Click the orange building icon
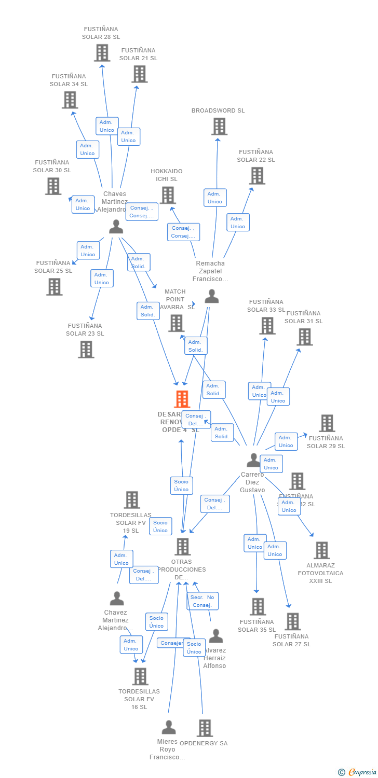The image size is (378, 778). click(x=182, y=399)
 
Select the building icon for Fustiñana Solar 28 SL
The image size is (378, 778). click(x=102, y=52)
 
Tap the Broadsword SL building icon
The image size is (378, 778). click(x=219, y=126)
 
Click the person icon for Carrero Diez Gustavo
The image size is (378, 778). click(x=253, y=460)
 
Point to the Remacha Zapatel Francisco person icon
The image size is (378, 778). click(x=211, y=296)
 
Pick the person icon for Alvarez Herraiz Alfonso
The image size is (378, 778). click(x=215, y=636)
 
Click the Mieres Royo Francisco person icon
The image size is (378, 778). click(x=168, y=727)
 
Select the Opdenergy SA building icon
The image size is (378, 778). click(x=205, y=728)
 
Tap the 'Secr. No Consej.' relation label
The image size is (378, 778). click(x=203, y=601)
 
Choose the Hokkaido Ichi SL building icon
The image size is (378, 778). click(x=167, y=195)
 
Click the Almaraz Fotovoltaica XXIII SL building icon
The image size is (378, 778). click(x=321, y=550)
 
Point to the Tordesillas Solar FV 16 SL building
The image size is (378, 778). click(x=140, y=676)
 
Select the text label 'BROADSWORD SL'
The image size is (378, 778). click(x=218, y=110)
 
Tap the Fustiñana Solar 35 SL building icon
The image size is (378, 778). click(x=258, y=606)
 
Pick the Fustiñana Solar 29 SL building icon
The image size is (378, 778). click(x=327, y=423)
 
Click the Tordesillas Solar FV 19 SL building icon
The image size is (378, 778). click(x=132, y=500)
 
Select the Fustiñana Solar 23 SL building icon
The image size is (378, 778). click(x=86, y=349)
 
